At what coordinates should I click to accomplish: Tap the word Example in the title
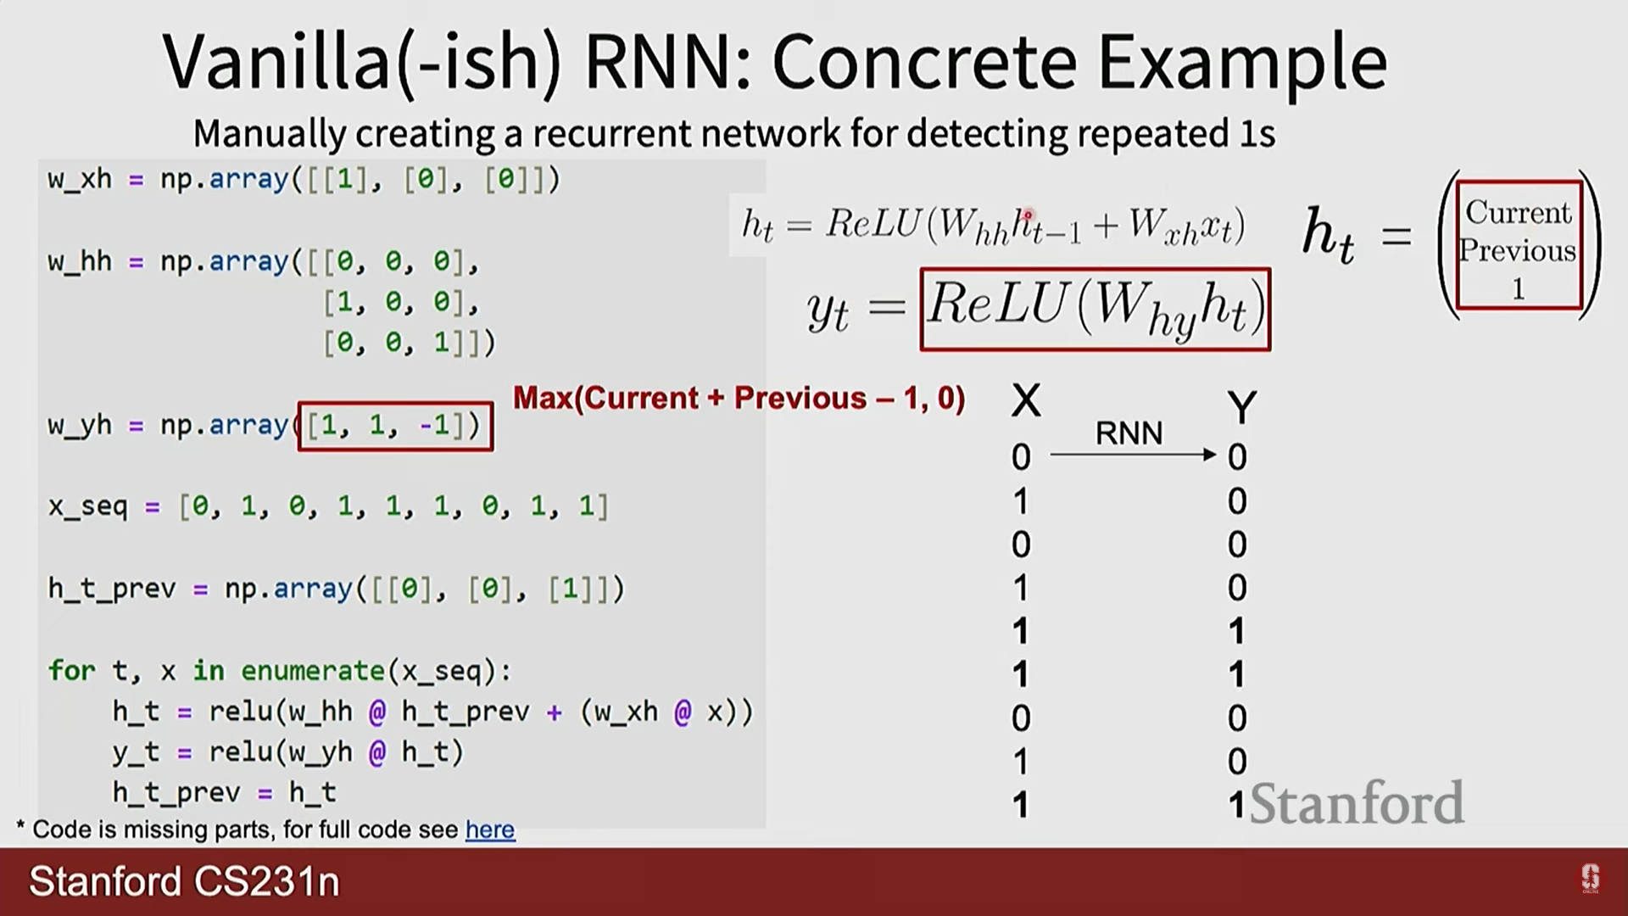tap(1242, 63)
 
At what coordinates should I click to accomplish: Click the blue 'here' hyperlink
tap(489, 829)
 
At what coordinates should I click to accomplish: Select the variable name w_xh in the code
tap(80, 180)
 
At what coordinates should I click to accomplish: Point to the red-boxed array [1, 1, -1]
tap(395, 425)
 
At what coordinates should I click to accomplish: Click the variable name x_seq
tap(87, 507)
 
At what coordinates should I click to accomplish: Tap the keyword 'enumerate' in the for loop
tap(313, 671)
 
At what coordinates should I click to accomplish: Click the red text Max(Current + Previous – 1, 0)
tap(739, 399)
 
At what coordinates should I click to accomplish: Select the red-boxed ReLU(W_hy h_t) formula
tap(1095, 310)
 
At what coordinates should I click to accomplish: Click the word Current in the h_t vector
tap(1518, 212)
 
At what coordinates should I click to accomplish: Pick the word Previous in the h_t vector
tap(1518, 251)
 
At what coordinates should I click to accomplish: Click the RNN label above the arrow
tap(1129, 433)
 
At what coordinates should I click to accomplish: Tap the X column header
tap(1026, 400)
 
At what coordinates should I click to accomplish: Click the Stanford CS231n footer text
tap(184, 881)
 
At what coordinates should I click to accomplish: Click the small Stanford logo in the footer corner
tap(1590, 879)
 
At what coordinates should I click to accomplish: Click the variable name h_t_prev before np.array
tap(111, 589)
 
